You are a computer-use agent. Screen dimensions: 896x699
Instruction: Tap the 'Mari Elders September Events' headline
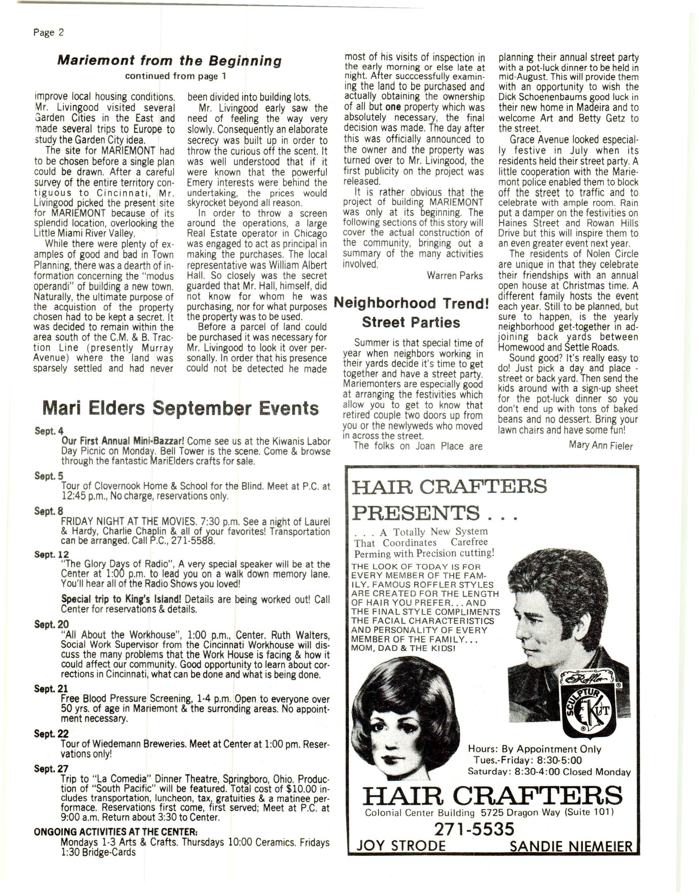180,408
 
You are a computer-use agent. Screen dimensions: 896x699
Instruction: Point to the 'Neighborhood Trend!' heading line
411,303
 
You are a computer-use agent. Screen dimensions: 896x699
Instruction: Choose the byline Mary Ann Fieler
601,445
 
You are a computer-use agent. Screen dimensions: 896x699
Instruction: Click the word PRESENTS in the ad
416,513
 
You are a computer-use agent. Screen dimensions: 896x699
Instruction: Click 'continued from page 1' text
176,76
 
